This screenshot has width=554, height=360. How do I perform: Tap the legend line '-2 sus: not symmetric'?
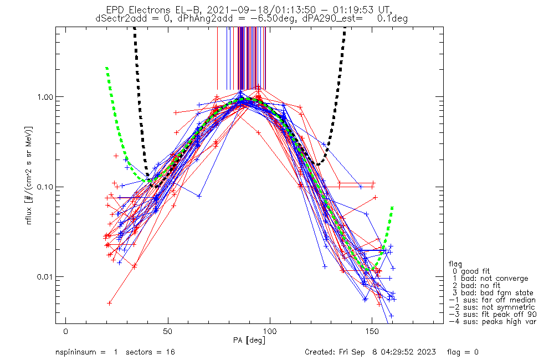click(491, 307)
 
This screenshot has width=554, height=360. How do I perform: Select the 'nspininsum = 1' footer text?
click(84, 352)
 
